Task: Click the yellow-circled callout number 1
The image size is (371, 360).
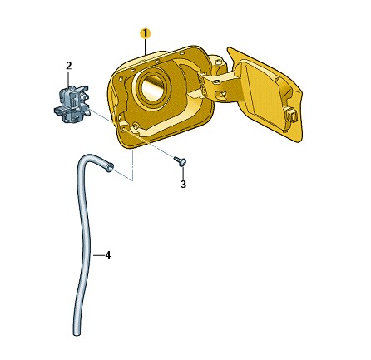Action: tap(145, 33)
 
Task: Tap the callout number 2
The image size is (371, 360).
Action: tap(69, 66)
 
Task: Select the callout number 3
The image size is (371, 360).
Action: tap(183, 185)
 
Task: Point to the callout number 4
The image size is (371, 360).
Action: tap(108, 255)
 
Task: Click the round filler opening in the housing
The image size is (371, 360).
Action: tap(153, 86)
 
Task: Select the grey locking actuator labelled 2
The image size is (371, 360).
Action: tap(72, 104)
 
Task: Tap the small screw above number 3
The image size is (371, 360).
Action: tap(181, 161)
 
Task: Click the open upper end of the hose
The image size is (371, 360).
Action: tap(110, 167)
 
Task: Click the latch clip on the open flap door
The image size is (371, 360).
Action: tap(290, 115)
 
